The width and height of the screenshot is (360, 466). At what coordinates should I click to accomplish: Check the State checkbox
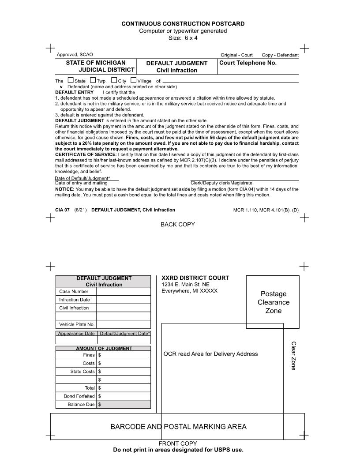71,80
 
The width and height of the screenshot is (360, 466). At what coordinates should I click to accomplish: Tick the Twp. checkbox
93,80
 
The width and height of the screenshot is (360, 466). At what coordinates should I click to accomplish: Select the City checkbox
114,80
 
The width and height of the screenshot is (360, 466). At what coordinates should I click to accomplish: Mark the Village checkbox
133,80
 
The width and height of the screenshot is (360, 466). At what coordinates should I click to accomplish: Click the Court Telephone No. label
248,63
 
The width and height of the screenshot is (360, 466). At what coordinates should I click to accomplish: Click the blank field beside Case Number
123,292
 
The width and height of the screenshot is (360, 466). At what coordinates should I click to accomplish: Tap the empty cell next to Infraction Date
123,300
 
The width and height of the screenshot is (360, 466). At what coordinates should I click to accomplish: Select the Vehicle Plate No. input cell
123,324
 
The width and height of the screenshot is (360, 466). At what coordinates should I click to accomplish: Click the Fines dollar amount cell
124,355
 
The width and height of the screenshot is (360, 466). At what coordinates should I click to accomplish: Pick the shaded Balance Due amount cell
124,405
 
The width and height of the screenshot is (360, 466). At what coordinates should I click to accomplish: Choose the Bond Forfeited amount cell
124,396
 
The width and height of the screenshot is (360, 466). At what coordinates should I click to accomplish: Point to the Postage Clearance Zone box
273,302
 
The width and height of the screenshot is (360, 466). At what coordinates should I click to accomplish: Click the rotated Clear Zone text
293,356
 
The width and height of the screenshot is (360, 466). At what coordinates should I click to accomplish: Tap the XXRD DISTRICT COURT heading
195,278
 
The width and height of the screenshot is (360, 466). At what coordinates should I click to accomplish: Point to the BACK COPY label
177,225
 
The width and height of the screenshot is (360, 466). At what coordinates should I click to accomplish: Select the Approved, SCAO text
75,55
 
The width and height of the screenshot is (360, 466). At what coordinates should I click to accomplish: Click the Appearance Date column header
76,334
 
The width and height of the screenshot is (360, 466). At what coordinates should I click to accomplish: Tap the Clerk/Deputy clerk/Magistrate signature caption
221,183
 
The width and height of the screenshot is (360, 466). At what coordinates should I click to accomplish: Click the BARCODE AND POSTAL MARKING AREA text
178,427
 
